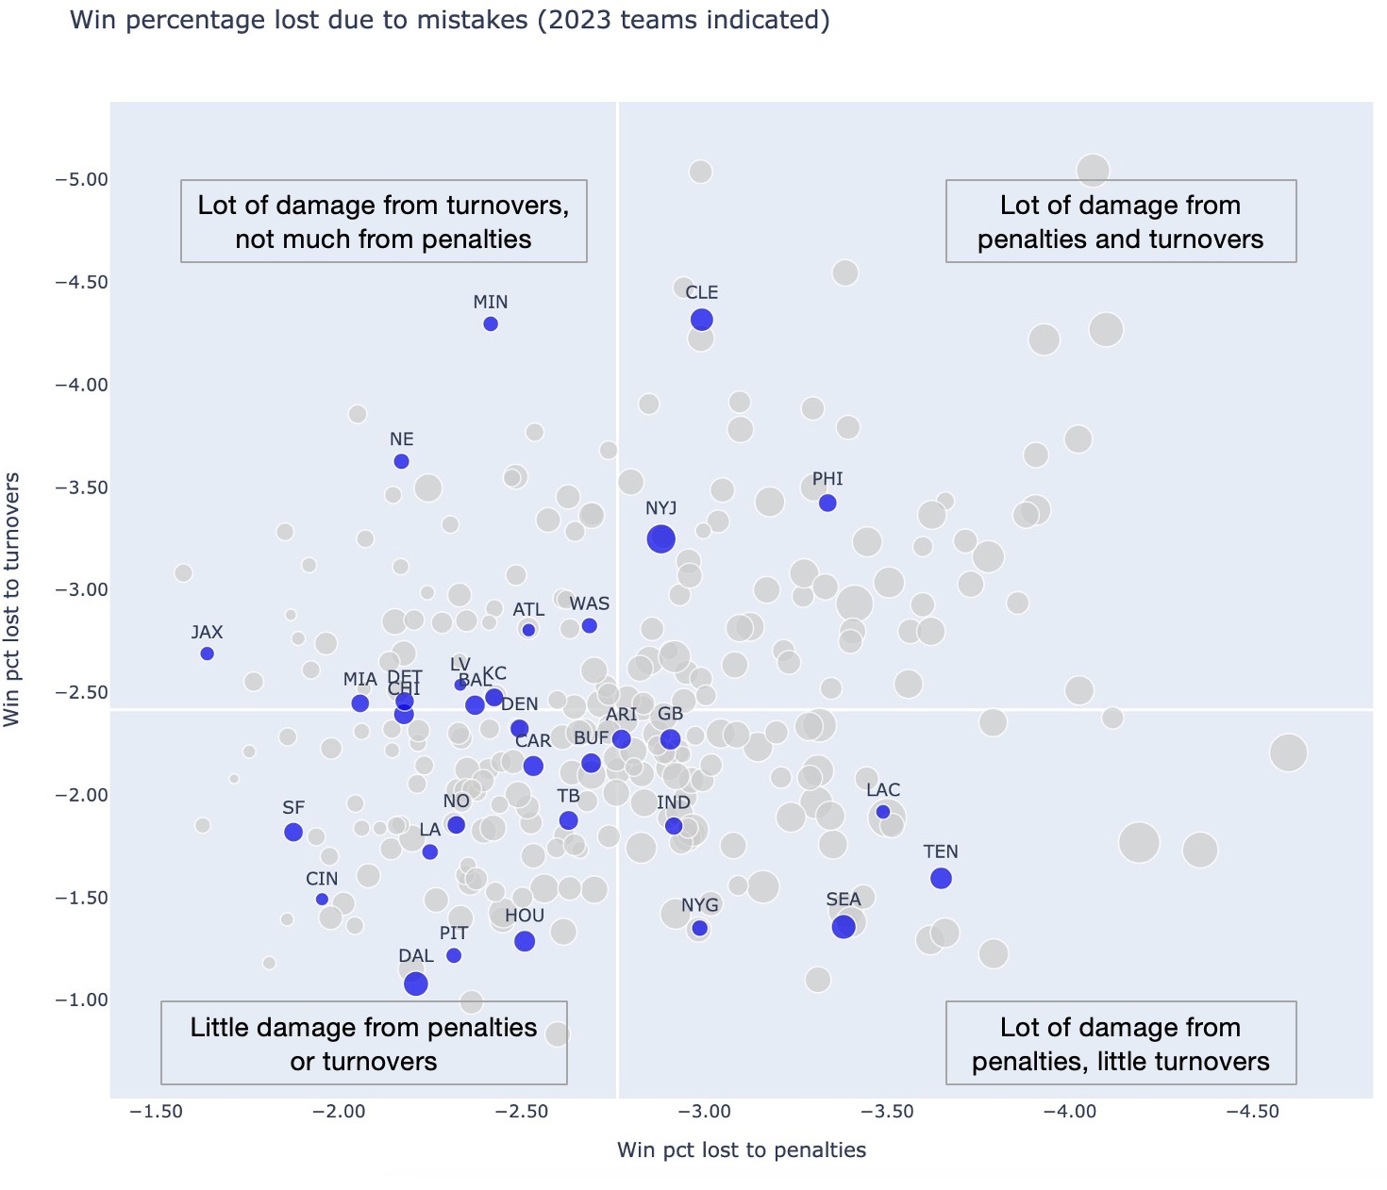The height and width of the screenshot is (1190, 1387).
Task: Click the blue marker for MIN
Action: (x=491, y=324)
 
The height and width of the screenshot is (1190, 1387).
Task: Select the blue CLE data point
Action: (x=701, y=320)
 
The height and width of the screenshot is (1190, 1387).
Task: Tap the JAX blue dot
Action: (x=208, y=653)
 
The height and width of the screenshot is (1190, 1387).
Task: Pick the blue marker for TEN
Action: (x=941, y=878)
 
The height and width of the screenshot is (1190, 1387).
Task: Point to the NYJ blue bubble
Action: (x=660, y=538)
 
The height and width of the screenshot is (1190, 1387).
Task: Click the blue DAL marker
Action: (x=415, y=983)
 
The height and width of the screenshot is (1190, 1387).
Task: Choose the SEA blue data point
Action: (x=844, y=926)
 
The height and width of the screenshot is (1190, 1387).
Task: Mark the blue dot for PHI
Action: (x=827, y=504)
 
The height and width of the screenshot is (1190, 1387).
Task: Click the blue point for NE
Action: (x=401, y=461)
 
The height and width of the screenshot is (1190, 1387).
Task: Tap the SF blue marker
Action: (x=293, y=832)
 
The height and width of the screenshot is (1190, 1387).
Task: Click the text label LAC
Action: (x=883, y=790)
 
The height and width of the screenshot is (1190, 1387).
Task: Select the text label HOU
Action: (x=525, y=916)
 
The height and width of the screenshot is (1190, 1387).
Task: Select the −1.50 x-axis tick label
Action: (x=156, y=1112)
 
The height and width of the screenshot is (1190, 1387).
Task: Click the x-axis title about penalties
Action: (x=742, y=1149)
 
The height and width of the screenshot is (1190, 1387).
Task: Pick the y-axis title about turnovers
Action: (x=12, y=600)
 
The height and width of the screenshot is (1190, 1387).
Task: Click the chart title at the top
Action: (x=450, y=20)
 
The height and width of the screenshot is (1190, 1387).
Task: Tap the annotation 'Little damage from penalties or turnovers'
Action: (x=364, y=1044)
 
